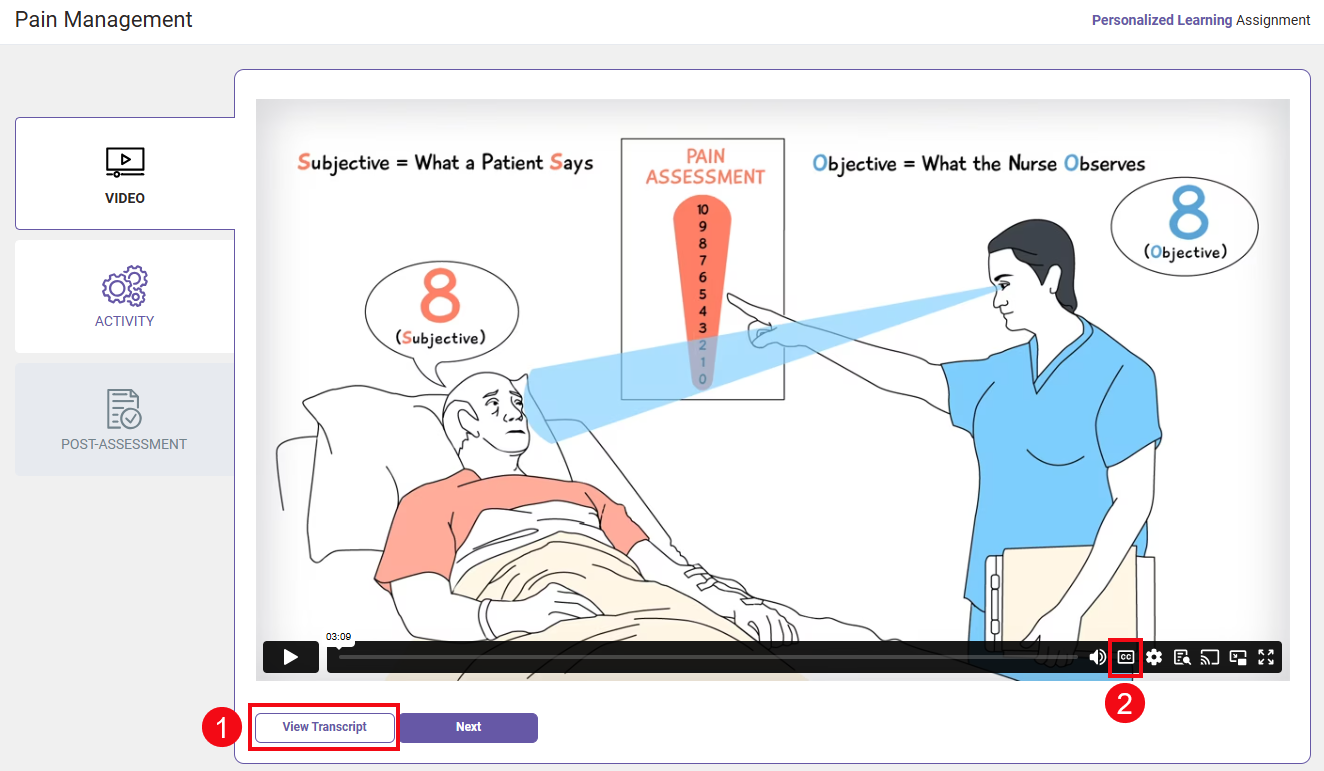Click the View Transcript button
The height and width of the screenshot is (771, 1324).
click(324, 727)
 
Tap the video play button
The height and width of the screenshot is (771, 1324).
click(290, 657)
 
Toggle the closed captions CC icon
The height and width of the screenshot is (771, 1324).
click(1125, 657)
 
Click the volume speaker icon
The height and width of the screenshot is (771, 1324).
click(1097, 657)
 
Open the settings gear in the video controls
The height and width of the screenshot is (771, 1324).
click(1154, 657)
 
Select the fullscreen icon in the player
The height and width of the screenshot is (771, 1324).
click(1266, 657)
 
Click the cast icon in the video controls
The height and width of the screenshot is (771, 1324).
click(1210, 657)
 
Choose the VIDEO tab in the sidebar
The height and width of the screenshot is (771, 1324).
click(125, 174)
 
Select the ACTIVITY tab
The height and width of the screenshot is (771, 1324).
click(125, 296)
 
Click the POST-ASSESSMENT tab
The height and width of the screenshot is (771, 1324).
click(125, 419)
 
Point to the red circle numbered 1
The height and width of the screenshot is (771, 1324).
click(222, 727)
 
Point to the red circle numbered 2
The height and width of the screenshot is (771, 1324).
click(1125, 703)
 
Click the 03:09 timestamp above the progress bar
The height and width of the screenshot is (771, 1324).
click(338, 637)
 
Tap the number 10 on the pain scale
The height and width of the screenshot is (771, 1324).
click(703, 209)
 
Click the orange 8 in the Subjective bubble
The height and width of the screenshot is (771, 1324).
click(440, 295)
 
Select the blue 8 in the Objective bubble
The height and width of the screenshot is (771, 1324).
click(1189, 212)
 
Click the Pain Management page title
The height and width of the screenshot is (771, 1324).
click(103, 20)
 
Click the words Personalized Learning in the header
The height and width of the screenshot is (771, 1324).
click(1161, 20)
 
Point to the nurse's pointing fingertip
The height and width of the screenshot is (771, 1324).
click(729, 296)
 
